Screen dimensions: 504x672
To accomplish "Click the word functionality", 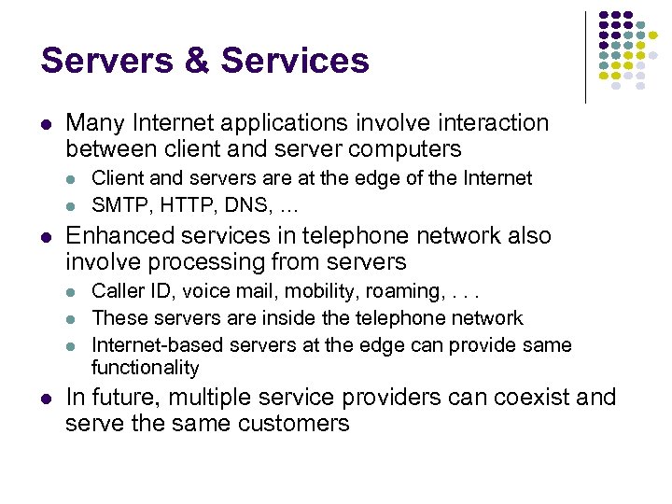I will [x=146, y=368].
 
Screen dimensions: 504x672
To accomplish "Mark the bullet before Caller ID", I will [x=74, y=293].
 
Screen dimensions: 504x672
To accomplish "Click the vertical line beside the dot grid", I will [x=585, y=56].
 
